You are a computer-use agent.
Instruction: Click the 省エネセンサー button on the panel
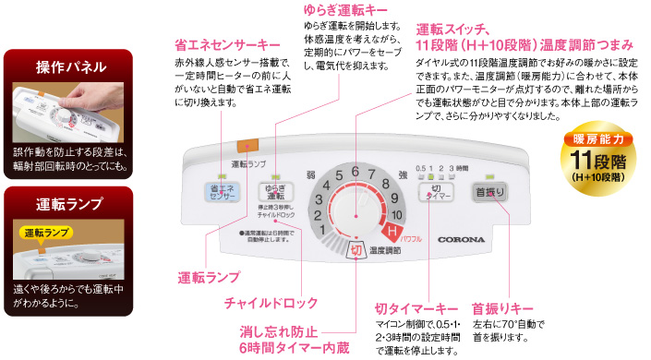click(224, 192)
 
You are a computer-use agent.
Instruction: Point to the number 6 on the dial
click(355, 172)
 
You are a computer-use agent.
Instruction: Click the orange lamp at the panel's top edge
click(248, 145)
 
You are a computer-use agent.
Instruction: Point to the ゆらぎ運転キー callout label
click(345, 11)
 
